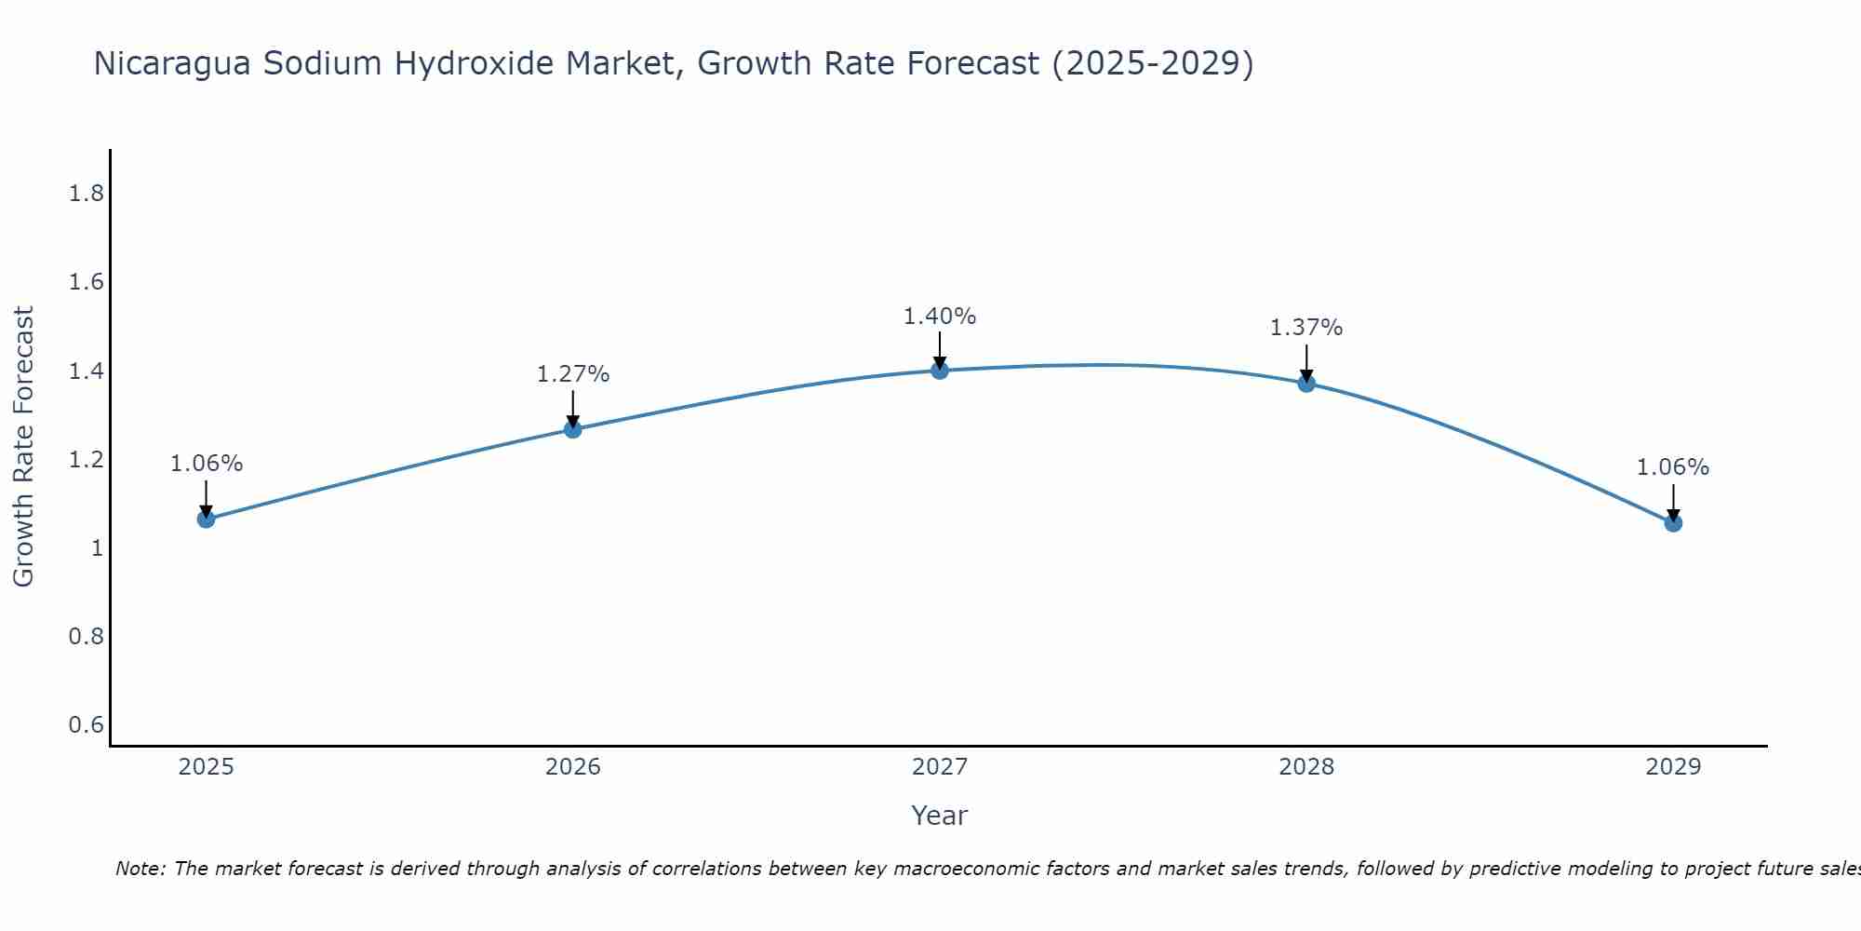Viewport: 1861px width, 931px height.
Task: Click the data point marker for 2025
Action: coord(207,519)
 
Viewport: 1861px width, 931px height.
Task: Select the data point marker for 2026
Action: coord(573,429)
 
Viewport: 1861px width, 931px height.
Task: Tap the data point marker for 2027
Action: coord(940,371)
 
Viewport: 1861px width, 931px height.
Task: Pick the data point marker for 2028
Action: coord(1306,383)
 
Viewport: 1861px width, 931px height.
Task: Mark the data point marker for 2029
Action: coord(1673,523)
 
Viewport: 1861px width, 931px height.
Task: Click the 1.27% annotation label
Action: coord(573,374)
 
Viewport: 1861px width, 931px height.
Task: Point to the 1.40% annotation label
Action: coord(940,317)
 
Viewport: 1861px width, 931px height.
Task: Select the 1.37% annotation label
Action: coord(1306,328)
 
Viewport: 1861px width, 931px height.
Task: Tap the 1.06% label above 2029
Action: coord(1673,467)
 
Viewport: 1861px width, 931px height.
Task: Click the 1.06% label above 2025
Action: coord(207,464)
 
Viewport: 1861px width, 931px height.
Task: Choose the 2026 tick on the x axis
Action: coord(573,767)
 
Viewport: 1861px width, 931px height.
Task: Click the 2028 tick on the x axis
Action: coord(1306,767)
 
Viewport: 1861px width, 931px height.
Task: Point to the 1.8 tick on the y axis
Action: coord(86,194)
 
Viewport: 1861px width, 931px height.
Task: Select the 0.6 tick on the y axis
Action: coord(86,725)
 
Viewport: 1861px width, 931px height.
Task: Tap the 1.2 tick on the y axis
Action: coord(86,460)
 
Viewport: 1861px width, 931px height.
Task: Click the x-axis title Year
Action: coord(940,816)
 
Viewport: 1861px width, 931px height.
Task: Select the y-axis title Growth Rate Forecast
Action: coord(23,447)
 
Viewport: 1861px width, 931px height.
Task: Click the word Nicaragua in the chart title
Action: coord(172,63)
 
